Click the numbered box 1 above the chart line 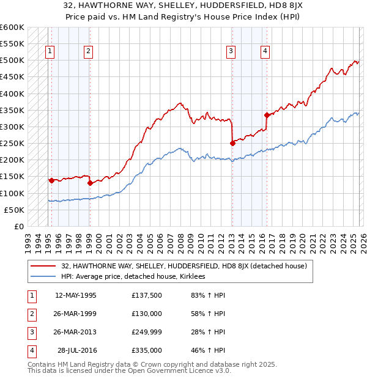tap(49, 52)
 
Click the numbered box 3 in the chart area tap(231, 52)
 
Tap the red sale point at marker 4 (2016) tap(266, 115)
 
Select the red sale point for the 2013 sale tap(232, 143)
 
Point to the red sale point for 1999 tap(90, 182)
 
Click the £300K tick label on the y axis tap(12, 127)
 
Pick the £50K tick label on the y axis tap(15, 210)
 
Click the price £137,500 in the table tap(147, 295)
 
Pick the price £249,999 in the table tap(147, 332)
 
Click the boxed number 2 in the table tap(31, 314)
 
